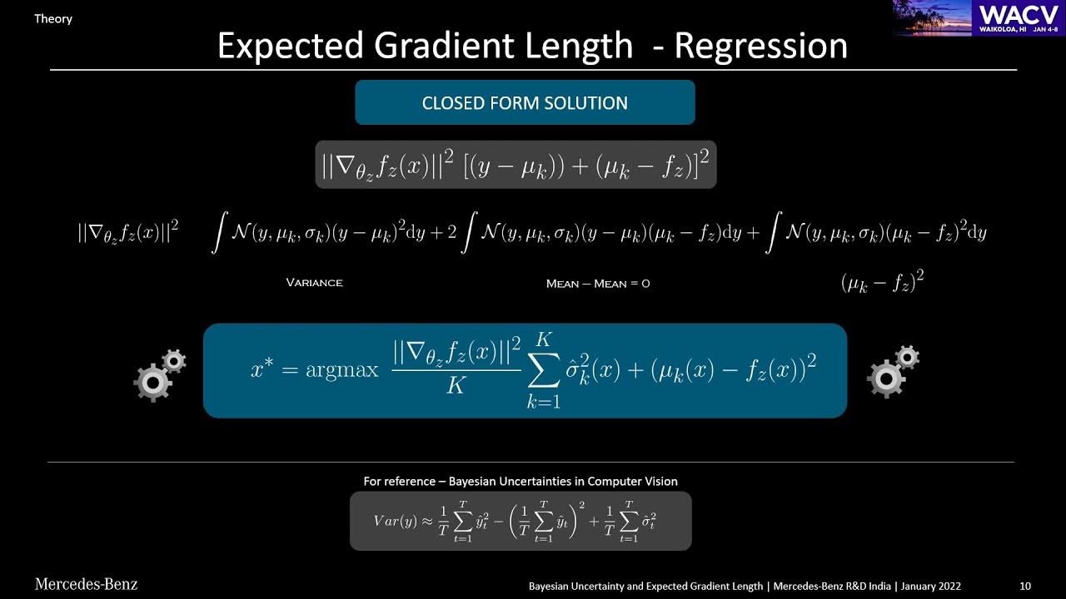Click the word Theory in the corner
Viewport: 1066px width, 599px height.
coord(53,18)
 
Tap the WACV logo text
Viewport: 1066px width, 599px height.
coord(1019,13)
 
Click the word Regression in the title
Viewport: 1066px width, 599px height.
coord(760,46)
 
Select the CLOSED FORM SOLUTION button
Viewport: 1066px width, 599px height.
coord(525,103)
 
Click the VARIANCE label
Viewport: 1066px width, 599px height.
coord(314,283)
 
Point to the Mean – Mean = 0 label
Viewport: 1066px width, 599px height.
coord(597,284)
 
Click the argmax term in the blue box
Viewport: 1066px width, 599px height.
coord(341,370)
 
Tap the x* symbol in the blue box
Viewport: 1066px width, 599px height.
coord(262,369)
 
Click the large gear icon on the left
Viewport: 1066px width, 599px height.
coord(153,382)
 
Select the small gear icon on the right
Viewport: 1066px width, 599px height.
coord(906,358)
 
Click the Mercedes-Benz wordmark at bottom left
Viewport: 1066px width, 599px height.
coord(86,584)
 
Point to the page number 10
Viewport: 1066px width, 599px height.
coord(1024,586)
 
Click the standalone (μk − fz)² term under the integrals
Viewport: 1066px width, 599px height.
coord(882,282)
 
